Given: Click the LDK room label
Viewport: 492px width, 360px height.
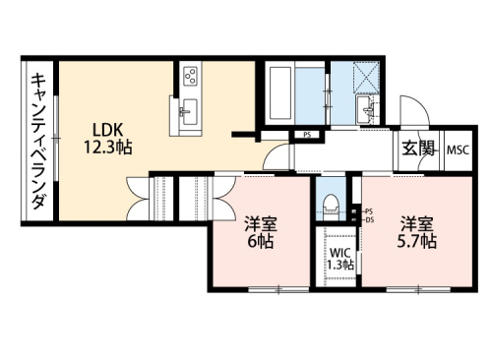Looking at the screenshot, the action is pos(108,130).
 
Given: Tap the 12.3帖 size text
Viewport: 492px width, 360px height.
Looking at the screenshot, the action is pos(108,147).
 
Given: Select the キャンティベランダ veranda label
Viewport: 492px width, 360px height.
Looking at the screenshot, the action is pos(38,142).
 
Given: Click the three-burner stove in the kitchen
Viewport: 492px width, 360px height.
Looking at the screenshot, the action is pos(190,75).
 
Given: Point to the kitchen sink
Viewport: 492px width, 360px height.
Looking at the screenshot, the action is pos(189,111).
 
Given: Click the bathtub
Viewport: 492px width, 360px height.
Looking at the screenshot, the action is pos(279,93).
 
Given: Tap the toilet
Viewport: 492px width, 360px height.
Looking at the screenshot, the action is pos(331,206).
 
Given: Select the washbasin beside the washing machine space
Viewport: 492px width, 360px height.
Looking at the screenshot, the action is pos(365,109).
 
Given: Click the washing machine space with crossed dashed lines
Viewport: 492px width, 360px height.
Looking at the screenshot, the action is pos(366,77).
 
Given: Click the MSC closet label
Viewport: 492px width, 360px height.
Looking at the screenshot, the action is pos(459,150).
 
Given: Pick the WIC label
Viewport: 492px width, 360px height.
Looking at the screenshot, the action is pos(340,253).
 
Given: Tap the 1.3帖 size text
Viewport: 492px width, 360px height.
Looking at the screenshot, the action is pos(340,265).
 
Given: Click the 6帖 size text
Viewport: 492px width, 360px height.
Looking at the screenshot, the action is pos(260,242).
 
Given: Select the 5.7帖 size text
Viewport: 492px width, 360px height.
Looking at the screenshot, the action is pos(416,242).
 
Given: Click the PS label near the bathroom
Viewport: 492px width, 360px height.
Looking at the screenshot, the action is pos(307,135).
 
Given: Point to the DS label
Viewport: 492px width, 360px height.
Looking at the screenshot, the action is pos(370,220).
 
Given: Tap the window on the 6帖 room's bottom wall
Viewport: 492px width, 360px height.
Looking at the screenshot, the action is pos(278,289).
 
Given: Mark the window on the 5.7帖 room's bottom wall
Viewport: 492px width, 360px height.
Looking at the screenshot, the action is pos(418,289).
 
